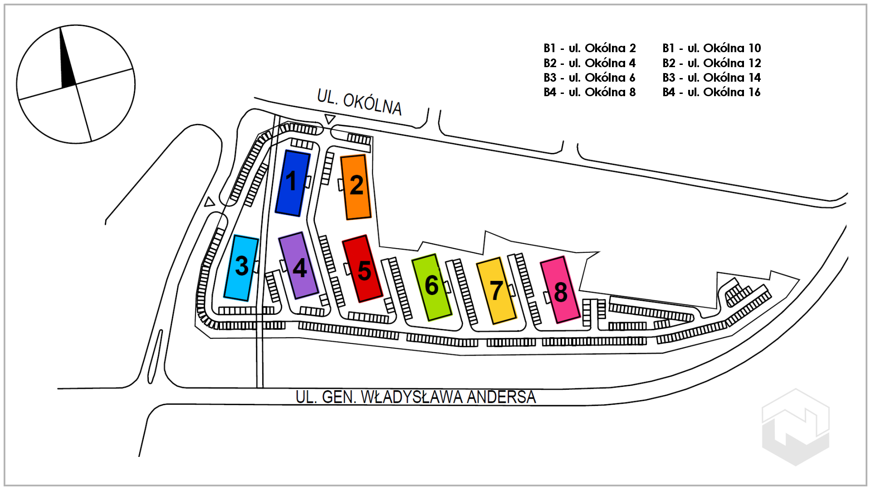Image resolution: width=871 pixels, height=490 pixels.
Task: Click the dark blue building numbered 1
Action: click(x=293, y=183)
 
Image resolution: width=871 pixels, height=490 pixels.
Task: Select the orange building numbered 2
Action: click(x=356, y=187)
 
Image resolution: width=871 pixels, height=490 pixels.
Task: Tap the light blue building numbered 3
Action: click(x=241, y=268)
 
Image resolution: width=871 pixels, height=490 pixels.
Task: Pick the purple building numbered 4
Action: click(x=298, y=266)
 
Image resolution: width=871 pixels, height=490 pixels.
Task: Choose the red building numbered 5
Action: click(x=362, y=269)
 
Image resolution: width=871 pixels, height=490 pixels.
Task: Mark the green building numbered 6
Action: click(x=431, y=287)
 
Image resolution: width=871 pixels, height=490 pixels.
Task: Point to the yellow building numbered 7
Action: click(x=496, y=291)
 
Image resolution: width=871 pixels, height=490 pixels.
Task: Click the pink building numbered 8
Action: click(x=560, y=290)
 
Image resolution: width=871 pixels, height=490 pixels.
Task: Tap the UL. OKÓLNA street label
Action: click(x=359, y=103)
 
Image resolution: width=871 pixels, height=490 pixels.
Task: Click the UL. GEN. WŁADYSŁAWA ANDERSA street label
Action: click(x=416, y=397)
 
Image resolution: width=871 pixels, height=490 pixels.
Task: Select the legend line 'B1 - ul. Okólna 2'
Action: click(x=590, y=48)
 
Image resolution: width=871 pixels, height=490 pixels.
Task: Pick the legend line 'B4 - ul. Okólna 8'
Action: click(x=590, y=92)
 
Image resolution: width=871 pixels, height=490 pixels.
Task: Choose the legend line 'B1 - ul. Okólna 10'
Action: click(x=712, y=48)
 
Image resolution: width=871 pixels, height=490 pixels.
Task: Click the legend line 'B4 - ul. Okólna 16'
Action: click(x=712, y=92)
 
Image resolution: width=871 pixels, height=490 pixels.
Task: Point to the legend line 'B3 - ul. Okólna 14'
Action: click(x=712, y=78)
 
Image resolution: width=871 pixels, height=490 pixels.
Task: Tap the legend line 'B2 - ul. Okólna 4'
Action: click(x=590, y=63)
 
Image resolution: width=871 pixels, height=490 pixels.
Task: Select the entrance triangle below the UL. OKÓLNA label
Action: click(x=330, y=119)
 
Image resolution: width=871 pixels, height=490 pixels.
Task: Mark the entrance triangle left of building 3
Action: click(x=209, y=202)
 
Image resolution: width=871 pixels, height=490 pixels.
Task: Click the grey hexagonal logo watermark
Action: click(x=796, y=427)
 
